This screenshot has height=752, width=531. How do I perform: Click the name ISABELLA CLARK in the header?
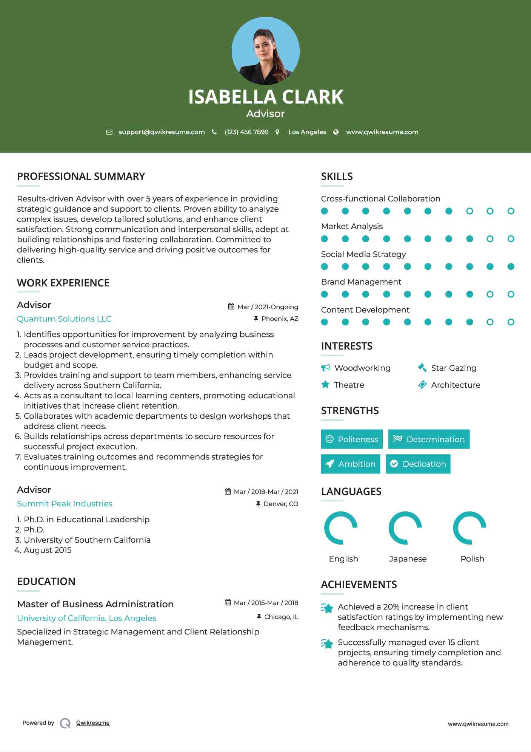coord(266,97)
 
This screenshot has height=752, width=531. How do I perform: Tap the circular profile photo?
coord(266,51)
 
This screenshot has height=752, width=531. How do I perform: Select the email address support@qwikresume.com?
coord(162,132)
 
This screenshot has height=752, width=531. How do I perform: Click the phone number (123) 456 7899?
coord(246,132)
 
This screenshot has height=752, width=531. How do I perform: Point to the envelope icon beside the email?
coord(109,132)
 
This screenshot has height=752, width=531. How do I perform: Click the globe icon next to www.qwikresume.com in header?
coord(336,132)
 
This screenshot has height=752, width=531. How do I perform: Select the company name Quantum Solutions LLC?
coord(64,319)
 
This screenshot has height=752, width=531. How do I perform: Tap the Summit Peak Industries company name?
coord(65,504)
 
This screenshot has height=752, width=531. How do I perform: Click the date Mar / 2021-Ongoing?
coord(268,307)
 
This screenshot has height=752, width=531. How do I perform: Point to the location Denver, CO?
coord(281,504)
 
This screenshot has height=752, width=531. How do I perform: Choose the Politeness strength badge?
coord(352,439)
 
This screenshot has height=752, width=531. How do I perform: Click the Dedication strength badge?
coord(418,464)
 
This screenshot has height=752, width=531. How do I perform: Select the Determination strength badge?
coord(429,439)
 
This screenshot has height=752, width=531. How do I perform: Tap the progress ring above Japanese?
coord(405,528)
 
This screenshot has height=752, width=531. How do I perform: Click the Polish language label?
coord(472,559)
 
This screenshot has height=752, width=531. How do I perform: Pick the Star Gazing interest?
coord(454,368)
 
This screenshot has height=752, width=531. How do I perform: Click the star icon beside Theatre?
coord(325,385)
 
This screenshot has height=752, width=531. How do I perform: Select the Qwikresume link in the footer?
coord(93,723)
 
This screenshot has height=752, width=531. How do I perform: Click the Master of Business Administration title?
coord(95,604)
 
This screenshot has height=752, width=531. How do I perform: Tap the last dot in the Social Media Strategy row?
coord(511,267)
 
